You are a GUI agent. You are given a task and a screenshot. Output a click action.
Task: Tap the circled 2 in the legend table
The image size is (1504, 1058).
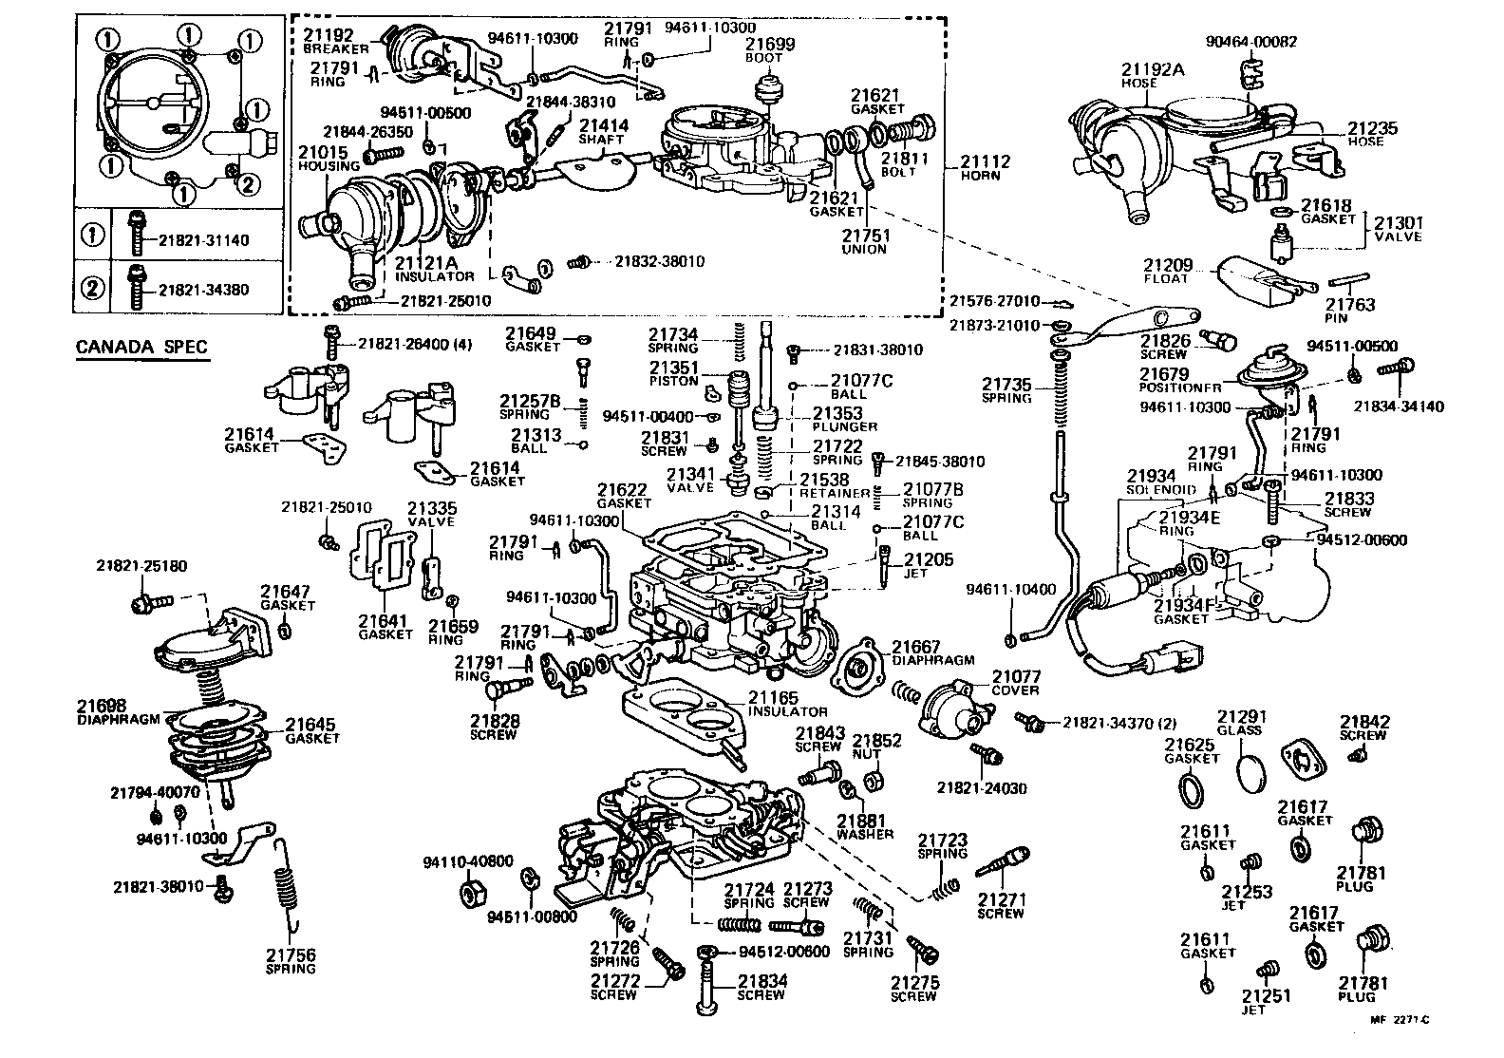point(95,287)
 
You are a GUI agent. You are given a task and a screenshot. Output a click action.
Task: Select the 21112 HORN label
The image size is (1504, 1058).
point(985,168)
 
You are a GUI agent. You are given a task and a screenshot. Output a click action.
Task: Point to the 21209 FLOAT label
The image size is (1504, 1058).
point(1167,272)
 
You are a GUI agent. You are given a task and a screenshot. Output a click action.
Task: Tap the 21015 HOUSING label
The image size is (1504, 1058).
point(323,158)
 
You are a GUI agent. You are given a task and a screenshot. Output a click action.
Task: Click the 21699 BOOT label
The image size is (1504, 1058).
point(769,49)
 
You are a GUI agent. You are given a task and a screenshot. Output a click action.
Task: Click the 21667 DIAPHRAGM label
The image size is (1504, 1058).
point(931,652)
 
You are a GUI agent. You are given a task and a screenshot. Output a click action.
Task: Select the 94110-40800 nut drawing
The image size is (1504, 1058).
point(469,894)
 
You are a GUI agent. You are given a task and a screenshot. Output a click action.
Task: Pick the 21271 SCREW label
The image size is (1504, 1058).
point(1001,906)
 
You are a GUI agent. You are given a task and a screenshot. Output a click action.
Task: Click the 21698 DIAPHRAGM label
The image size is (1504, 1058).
point(120,712)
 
